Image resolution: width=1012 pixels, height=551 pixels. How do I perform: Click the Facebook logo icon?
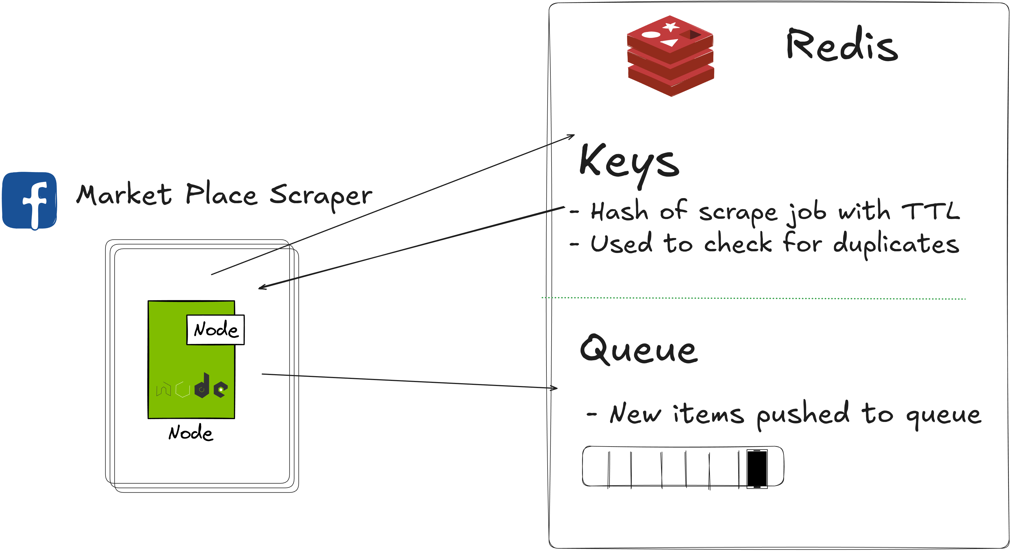click(x=29, y=200)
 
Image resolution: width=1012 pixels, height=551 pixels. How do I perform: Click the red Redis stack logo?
click(x=670, y=56)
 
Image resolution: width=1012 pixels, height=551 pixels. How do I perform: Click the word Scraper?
click(x=320, y=195)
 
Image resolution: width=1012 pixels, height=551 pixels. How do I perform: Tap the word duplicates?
click(x=896, y=244)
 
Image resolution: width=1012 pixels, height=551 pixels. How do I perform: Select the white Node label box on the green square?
click(x=215, y=330)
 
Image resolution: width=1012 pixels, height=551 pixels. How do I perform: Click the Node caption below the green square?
click(x=191, y=433)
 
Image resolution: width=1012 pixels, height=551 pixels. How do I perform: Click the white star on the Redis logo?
click(x=671, y=27)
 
